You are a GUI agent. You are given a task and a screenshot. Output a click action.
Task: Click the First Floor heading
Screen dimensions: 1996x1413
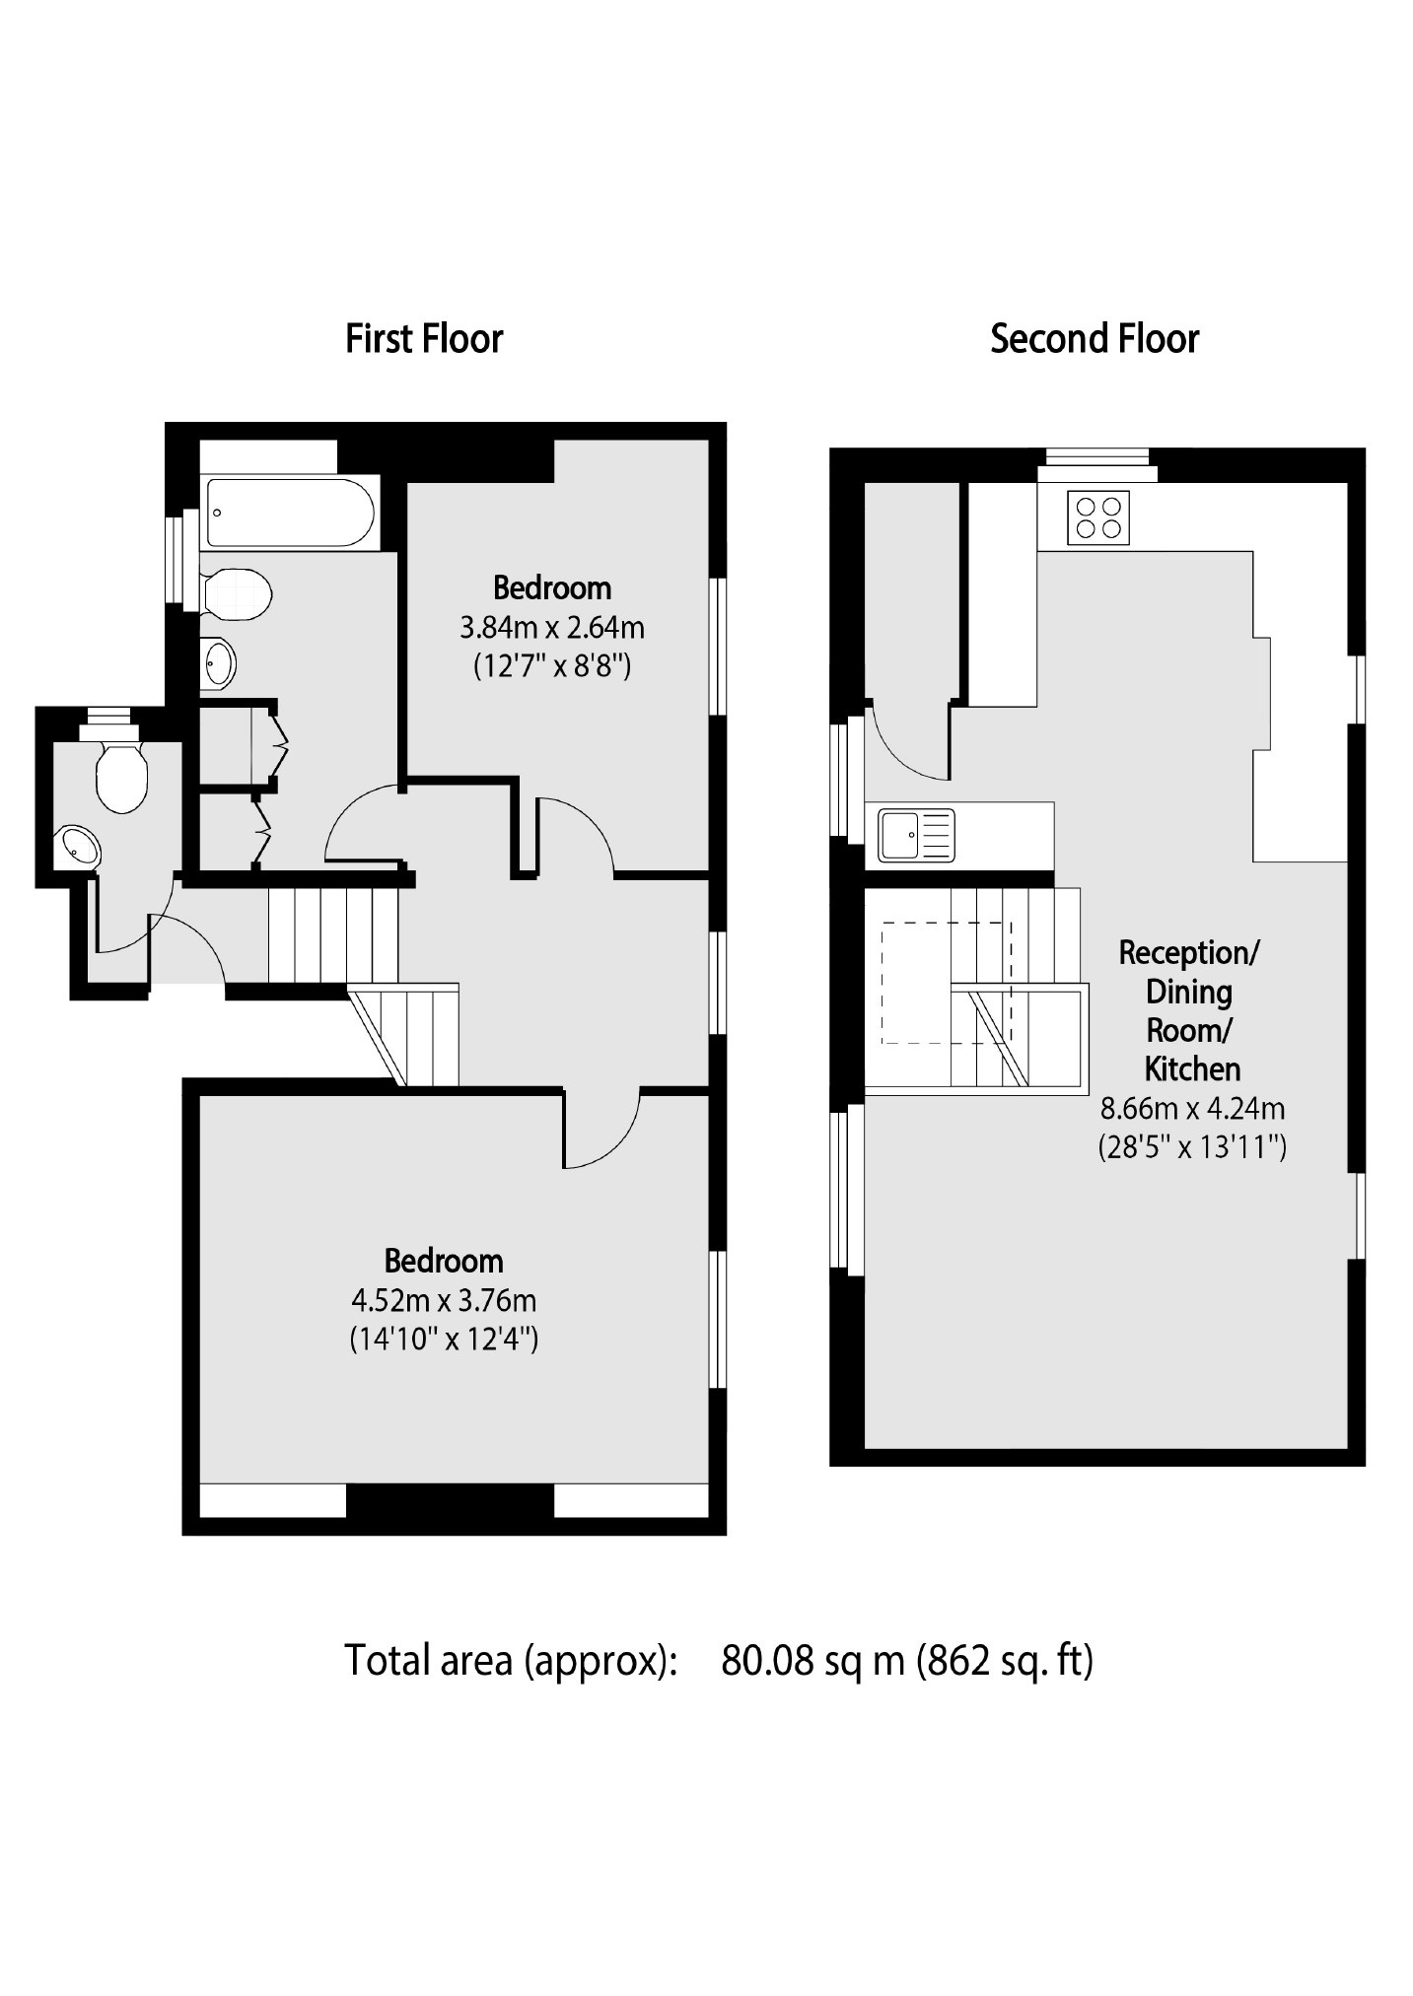click(x=424, y=339)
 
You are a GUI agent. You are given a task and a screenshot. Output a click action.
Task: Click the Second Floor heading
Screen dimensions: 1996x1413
click(x=1095, y=339)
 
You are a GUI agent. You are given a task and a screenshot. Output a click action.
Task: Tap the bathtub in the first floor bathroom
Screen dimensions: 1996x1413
click(x=289, y=513)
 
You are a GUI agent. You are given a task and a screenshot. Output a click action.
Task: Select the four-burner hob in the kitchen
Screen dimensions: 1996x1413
click(x=1098, y=517)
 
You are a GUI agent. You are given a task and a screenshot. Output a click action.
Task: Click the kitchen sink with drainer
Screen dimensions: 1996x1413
click(x=917, y=835)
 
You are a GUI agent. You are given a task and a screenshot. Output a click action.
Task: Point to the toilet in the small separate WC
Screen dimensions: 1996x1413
click(x=121, y=776)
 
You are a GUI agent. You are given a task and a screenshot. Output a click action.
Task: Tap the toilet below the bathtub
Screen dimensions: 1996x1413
click(x=237, y=593)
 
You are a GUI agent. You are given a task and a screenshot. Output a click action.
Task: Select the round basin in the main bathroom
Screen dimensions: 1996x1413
click(x=218, y=663)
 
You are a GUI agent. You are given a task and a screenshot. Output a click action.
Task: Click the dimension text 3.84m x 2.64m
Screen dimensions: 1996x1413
click(x=552, y=627)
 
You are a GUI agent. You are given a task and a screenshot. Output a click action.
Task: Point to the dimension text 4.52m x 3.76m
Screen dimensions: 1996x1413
click(x=444, y=1300)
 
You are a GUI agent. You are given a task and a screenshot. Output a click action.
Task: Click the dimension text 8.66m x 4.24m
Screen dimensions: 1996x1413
click(x=1192, y=1108)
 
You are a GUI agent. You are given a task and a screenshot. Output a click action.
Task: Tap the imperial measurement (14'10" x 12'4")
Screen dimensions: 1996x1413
click(x=444, y=1340)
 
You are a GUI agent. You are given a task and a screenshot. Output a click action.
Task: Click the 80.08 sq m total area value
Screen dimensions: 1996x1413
click(x=812, y=1661)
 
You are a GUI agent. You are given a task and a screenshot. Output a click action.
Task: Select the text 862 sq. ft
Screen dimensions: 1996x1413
click(x=1005, y=1661)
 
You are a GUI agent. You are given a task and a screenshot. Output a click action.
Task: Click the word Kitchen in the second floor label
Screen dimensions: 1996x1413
click(x=1192, y=1068)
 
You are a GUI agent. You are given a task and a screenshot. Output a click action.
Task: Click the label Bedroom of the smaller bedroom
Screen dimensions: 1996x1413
click(x=552, y=588)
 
